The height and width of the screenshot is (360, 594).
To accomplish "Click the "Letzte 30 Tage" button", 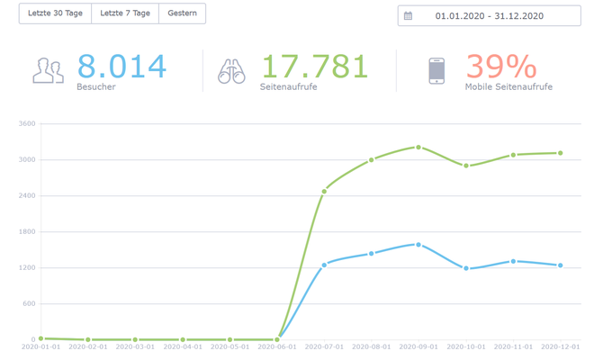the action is (x=55, y=13).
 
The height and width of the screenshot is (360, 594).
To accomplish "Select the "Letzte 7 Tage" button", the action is (x=125, y=13).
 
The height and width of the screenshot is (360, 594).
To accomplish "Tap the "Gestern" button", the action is (x=182, y=13).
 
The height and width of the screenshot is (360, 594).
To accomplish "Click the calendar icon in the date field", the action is (x=408, y=16).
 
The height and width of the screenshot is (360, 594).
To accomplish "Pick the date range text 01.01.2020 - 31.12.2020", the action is (x=490, y=16).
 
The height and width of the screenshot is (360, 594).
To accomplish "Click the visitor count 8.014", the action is (x=121, y=67).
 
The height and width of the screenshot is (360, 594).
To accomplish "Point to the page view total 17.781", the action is (x=315, y=67).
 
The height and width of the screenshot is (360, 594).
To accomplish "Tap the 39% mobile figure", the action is (x=501, y=67).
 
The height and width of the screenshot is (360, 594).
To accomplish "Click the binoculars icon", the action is (x=231, y=71).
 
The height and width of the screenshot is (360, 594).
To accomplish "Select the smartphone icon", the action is (x=436, y=71).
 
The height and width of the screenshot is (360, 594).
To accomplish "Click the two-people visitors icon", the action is (x=48, y=70).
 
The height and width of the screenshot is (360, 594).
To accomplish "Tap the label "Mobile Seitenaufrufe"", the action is (x=508, y=86).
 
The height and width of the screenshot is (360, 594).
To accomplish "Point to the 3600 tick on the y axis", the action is (x=27, y=123).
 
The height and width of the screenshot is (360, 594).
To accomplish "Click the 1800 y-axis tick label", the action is (x=27, y=231).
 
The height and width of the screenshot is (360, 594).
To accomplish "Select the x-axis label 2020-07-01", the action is (x=324, y=346).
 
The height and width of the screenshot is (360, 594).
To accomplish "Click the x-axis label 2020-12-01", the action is (x=561, y=346).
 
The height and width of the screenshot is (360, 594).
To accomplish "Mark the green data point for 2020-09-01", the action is (x=418, y=147).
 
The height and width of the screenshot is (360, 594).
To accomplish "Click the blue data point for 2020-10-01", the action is (x=466, y=268).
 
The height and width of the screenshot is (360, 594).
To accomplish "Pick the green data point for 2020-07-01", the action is (x=324, y=192).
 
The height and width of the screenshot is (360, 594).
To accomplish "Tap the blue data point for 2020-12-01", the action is (x=561, y=265).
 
